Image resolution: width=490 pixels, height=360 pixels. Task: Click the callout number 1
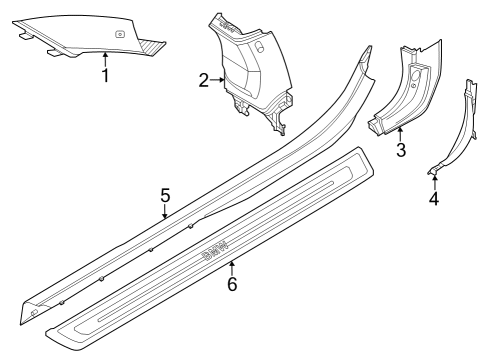tap(105, 74)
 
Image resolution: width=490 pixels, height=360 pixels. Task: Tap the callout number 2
tap(203, 80)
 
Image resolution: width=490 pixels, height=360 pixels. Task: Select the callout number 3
tap(400, 151)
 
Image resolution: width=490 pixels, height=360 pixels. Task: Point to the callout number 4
tap(434, 198)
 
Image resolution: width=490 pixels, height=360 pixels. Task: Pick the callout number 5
tap(166, 195)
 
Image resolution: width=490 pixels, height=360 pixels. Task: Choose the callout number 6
tap(232, 283)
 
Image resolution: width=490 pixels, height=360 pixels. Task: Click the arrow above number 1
tap(105, 58)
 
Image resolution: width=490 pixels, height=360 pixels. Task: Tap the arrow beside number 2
tap(217, 80)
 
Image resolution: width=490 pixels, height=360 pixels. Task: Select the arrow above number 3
tap(400, 134)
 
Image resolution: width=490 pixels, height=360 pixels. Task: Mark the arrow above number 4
tap(434, 180)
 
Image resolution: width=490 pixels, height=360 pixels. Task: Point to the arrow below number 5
tap(166, 212)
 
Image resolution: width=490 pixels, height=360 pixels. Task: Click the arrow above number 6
tap(232, 266)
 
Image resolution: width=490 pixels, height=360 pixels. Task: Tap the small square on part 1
tap(119, 34)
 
